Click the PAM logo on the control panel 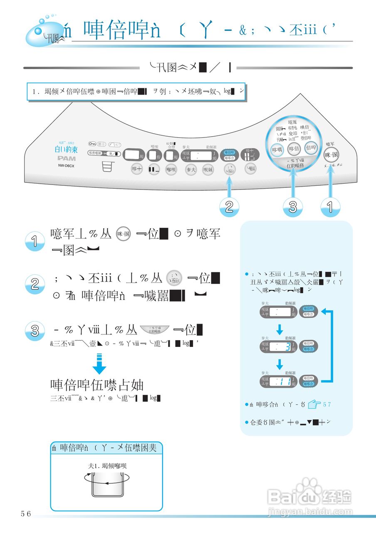(67, 158)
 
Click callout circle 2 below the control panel (229, 207)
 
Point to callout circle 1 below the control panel (331, 207)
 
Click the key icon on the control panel (92, 144)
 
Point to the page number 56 (26, 513)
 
